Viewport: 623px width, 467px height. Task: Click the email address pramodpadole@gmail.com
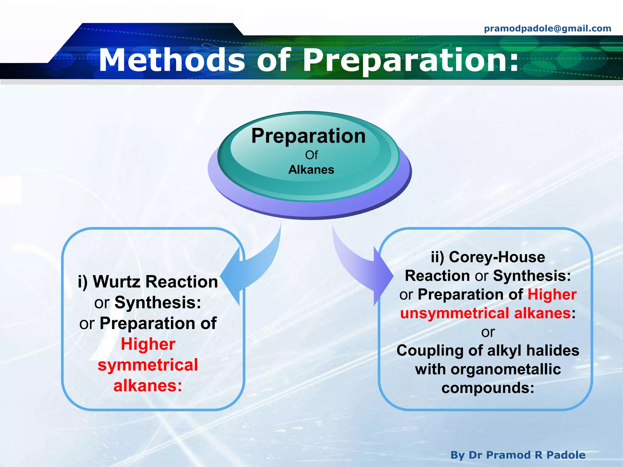pos(547,29)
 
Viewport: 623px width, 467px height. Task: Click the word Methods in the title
pos(172,61)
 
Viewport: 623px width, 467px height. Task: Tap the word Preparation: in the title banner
pos(411,61)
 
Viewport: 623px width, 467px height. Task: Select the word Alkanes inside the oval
pos(311,170)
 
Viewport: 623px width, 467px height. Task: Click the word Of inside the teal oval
pos(311,155)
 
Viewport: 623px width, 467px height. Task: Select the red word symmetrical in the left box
pos(148,365)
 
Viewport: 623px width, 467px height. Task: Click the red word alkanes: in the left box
pos(148,386)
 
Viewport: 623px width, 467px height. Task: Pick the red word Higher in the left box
pos(148,344)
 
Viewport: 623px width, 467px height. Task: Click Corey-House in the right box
pos(497,257)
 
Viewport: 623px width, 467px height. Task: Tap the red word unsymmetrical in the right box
pos(454,313)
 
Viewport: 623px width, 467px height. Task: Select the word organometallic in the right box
pos(506,369)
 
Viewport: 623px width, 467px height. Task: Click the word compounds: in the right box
pos(488,388)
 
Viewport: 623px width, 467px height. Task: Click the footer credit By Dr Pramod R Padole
pos(518,455)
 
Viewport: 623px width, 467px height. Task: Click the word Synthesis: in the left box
pos(158,303)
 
